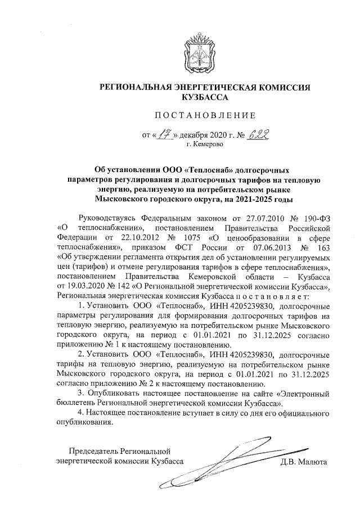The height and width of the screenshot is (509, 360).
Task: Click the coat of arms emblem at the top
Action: [x=205, y=54]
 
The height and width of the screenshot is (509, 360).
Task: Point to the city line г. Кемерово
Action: [x=205, y=145]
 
